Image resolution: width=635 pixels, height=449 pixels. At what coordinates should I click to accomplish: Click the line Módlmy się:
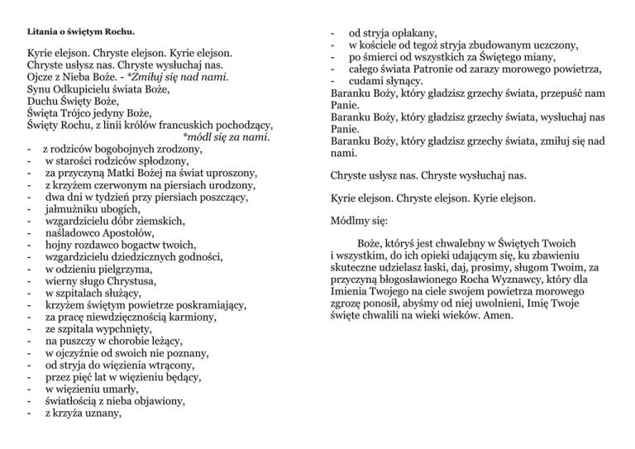(357, 222)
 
